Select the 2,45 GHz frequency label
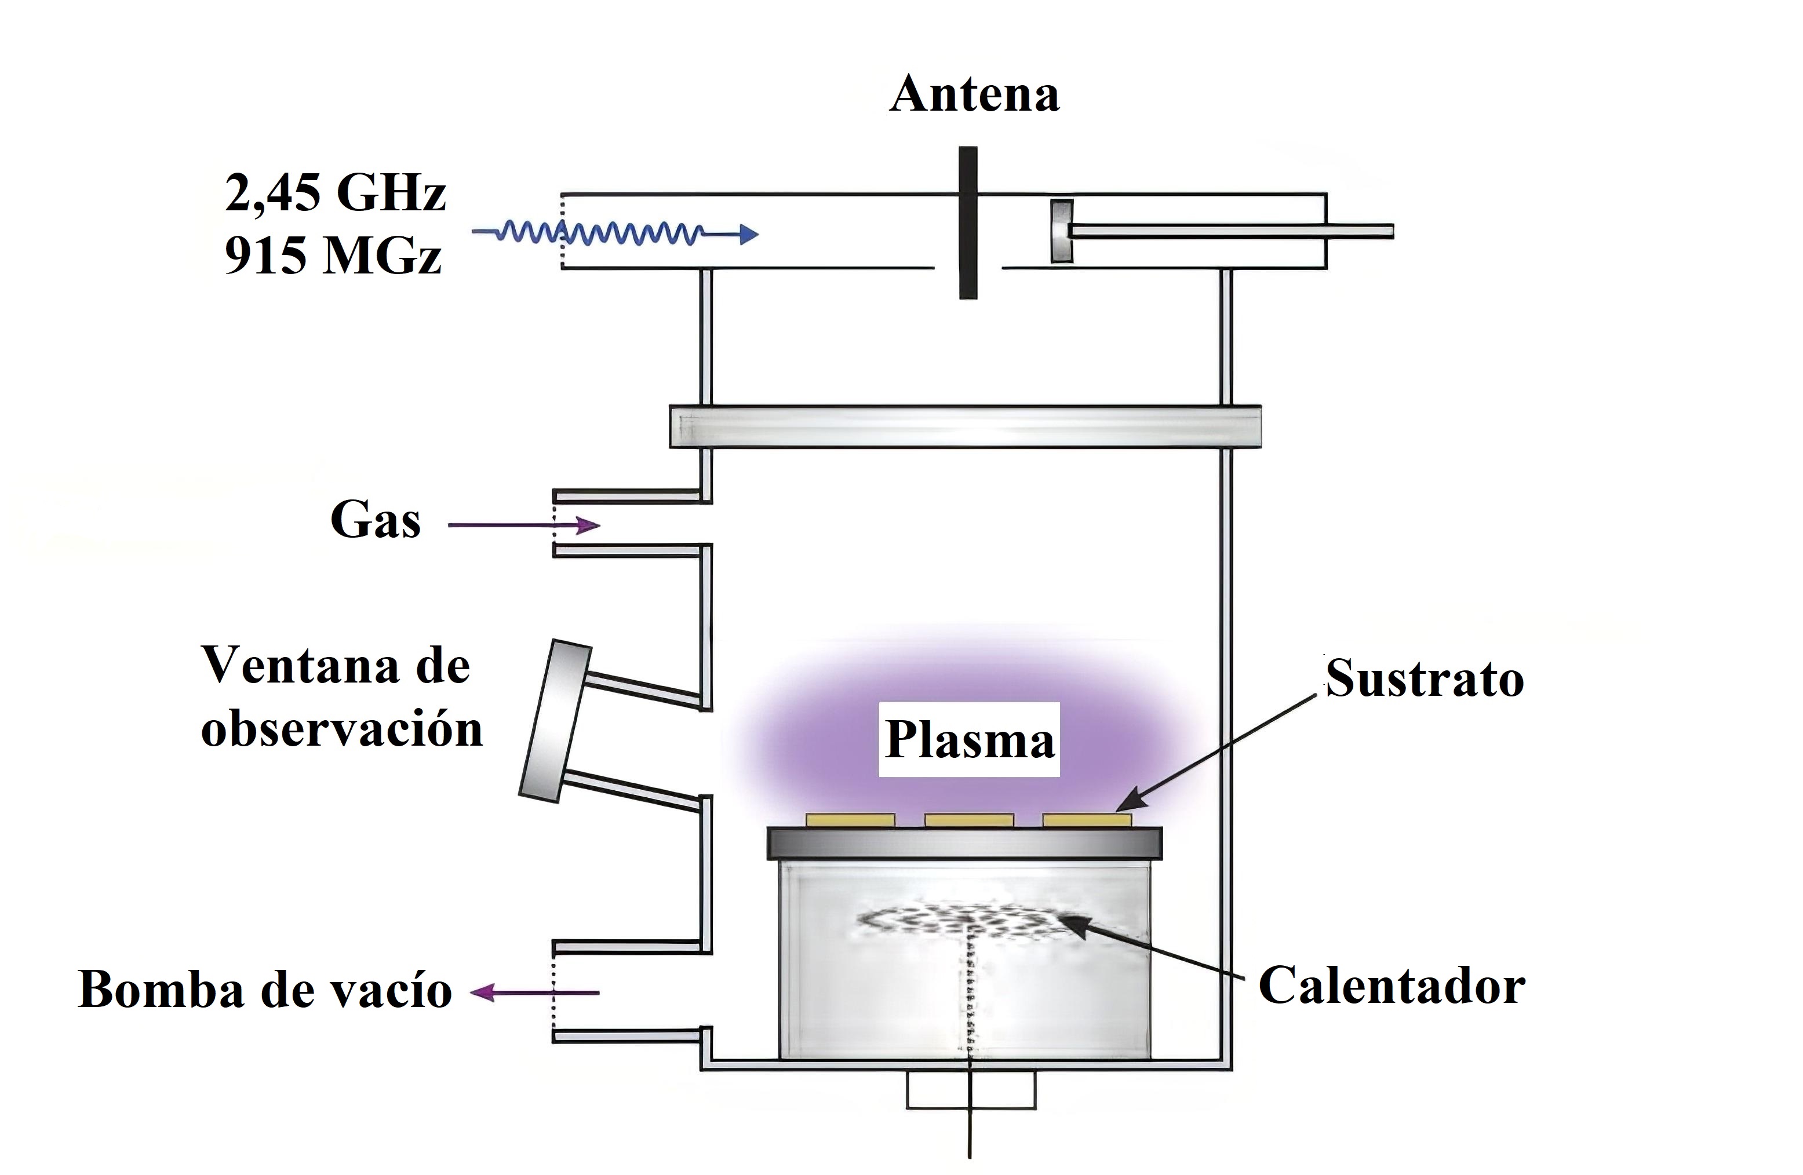[335, 192]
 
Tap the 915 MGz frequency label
[333, 256]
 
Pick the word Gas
[375, 521]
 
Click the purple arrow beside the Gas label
[524, 524]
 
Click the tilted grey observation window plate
[554, 720]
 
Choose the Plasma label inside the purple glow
[969, 740]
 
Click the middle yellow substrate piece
[969, 820]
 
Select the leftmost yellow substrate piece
[850, 820]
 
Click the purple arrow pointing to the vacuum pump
[534, 992]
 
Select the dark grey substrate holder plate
[964, 842]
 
